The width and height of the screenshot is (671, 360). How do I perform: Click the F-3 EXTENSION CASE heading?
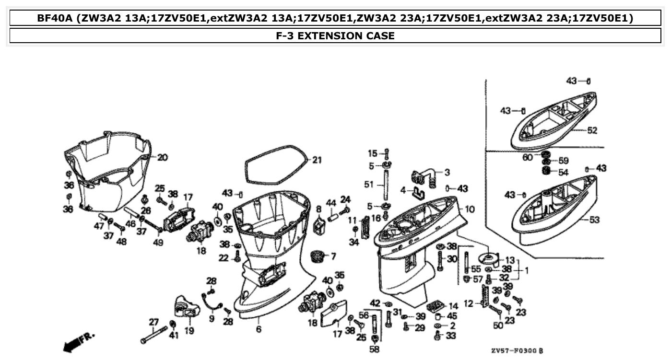pyautogui.click(x=335, y=35)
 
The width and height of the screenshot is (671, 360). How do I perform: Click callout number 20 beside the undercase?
pyautogui.click(x=163, y=157)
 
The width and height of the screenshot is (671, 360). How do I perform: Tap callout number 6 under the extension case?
pyautogui.click(x=259, y=329)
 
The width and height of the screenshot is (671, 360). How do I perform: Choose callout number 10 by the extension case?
pyautogui.click(x=470, y=209)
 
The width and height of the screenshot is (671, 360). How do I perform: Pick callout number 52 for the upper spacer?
pyautogui.click(x=592, y=130)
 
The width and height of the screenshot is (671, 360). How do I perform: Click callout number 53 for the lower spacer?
pyautogui.click(x=594, y=220)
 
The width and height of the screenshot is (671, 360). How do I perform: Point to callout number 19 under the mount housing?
pyautogui.click(x=189, y=330)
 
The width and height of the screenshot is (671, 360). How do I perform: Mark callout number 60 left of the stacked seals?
pyautogui.click(x=528, y=157)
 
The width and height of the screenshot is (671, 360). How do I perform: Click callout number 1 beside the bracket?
pyautogui.click(x=526, y=270)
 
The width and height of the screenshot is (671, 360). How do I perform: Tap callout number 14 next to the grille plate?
pyautogui.click(x=453, y=305)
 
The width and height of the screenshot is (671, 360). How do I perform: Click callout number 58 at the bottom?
pyautogui.click(x=374, y=349)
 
